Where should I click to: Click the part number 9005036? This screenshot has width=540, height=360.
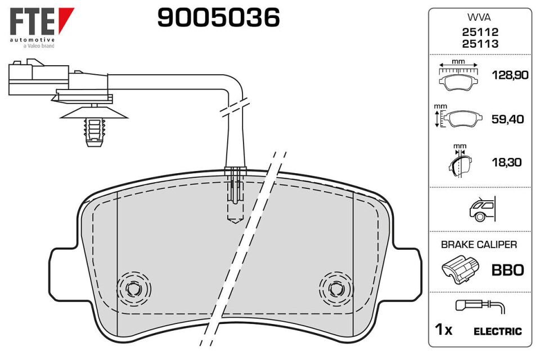(x=218, y=17)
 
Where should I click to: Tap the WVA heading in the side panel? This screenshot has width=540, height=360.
(x=479, y=17)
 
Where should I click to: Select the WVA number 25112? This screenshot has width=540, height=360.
(x=480, y=32)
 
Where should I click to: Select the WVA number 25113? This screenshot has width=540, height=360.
(x=480, y=44)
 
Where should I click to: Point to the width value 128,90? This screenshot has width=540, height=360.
(x=510, y=75)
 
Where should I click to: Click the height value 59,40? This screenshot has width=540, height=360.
(x=507, y=119)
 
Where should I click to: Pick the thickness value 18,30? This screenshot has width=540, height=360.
(x=507, y=162)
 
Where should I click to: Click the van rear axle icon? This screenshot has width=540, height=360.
(x=482, y=209)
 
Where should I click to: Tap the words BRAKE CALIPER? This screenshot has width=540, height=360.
(x=479, y=245)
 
